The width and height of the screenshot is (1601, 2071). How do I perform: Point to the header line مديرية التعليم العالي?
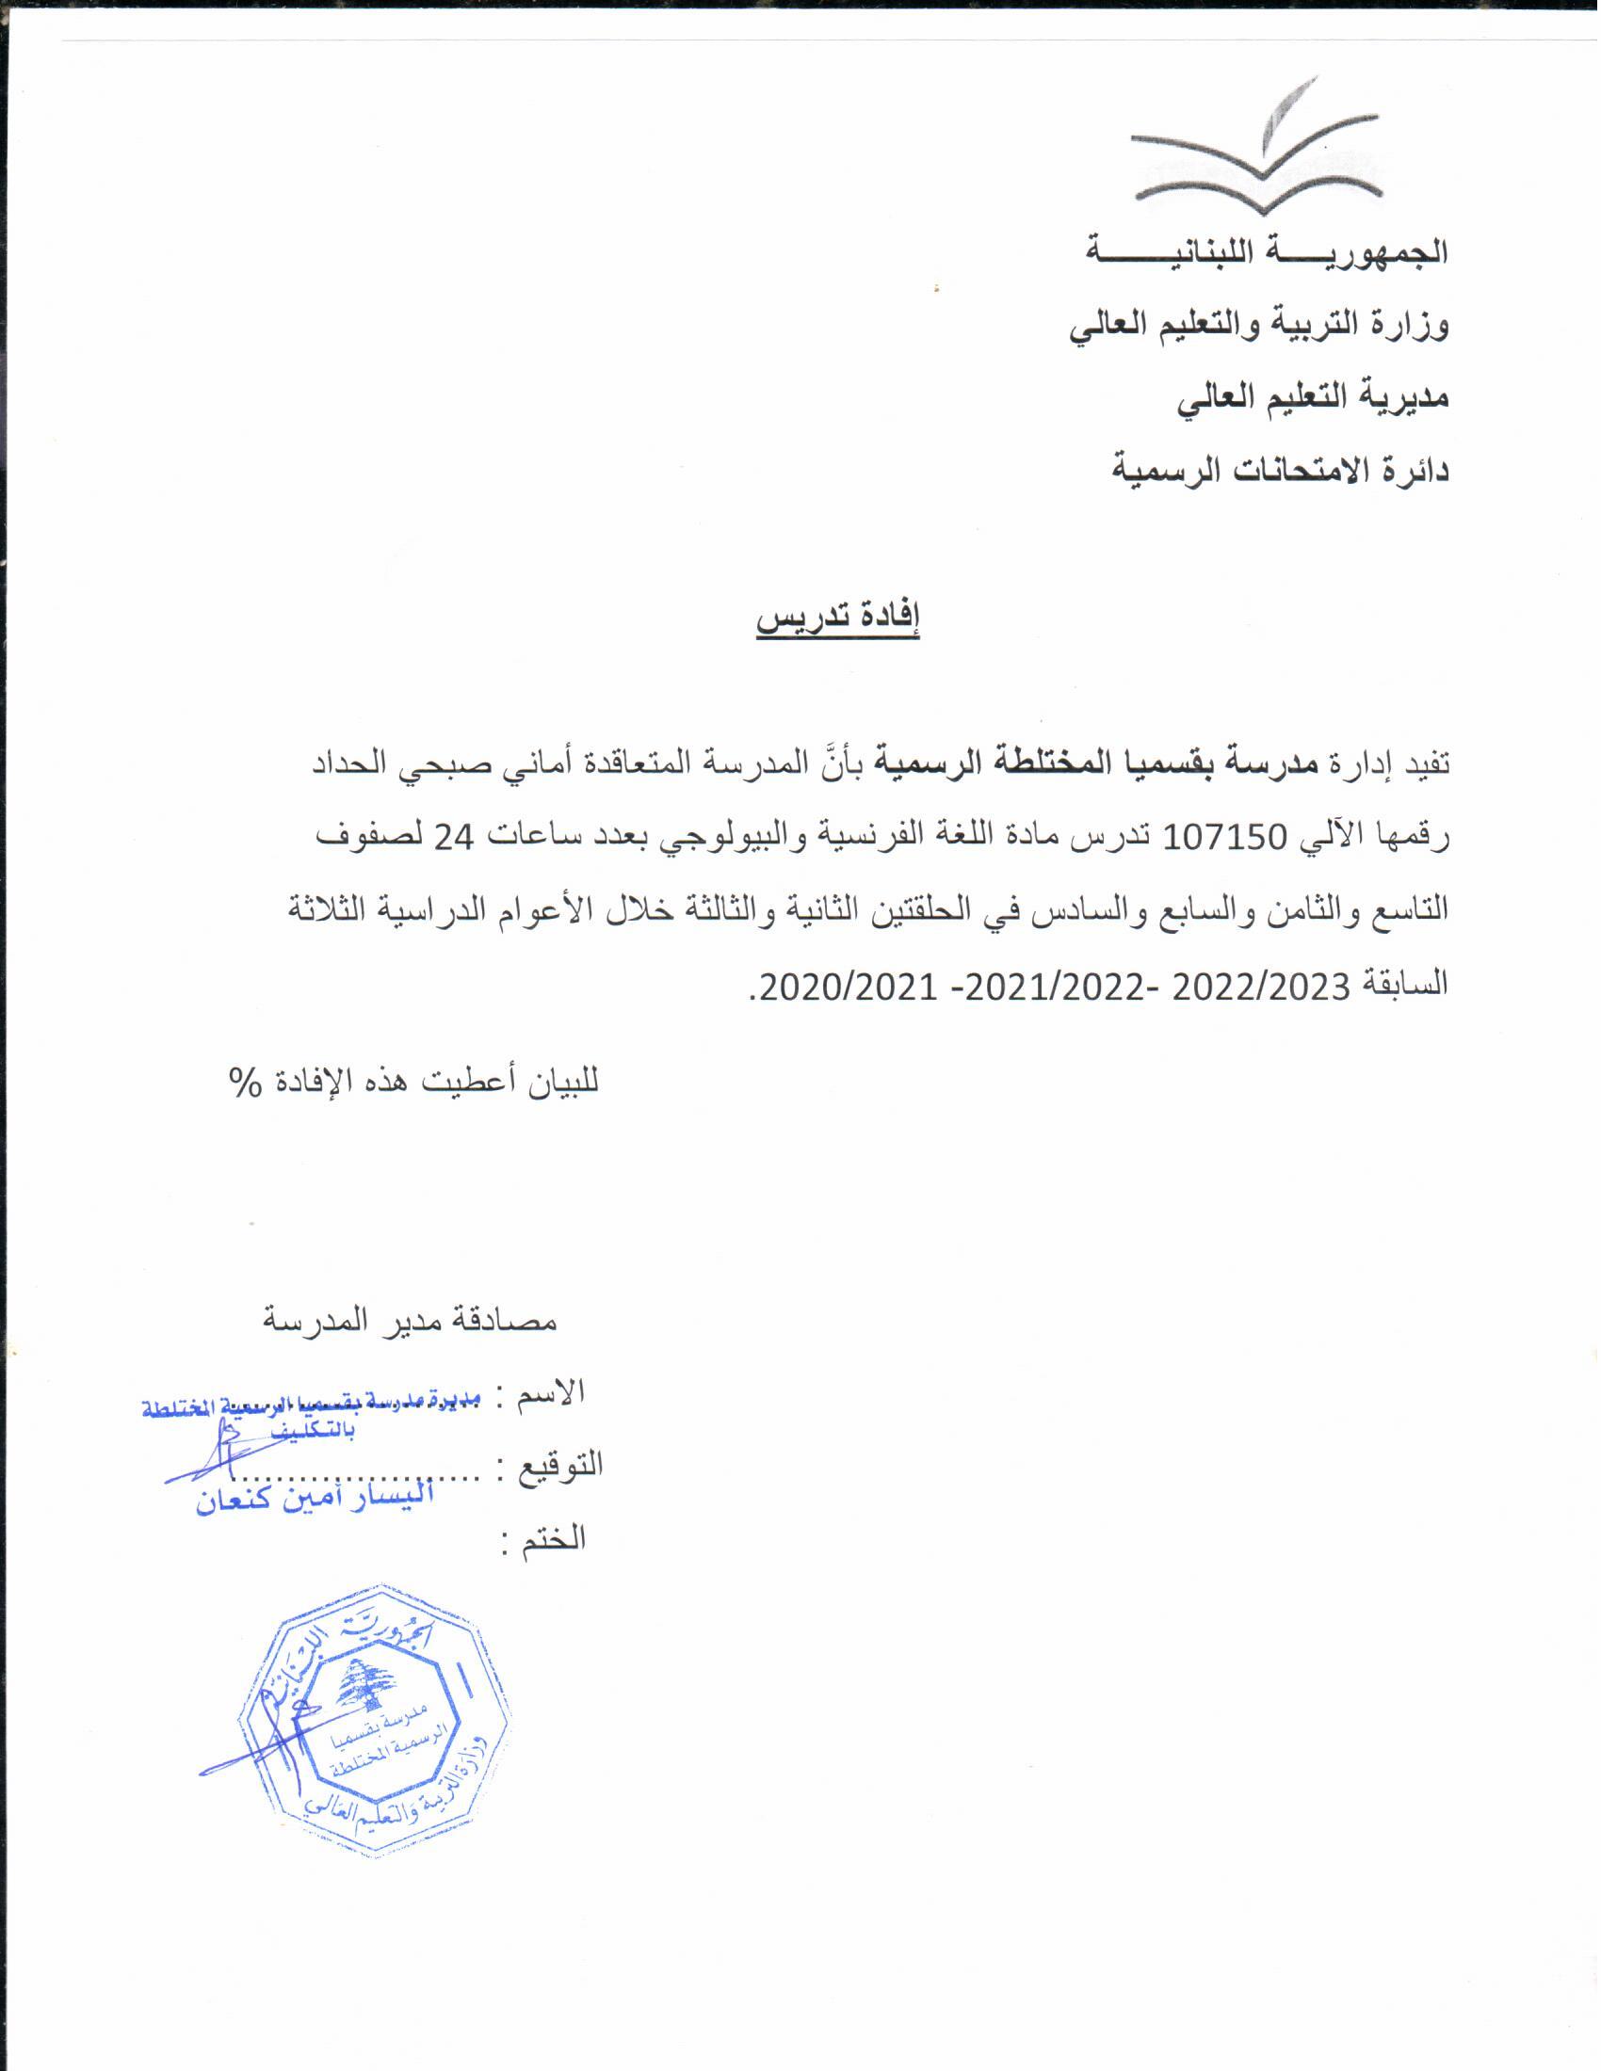point(1313,397)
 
